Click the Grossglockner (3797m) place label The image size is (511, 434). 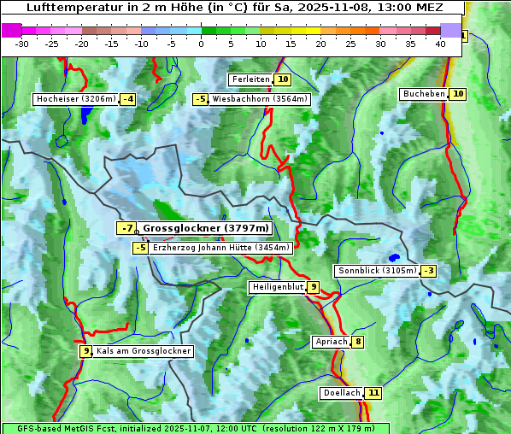tap(205, 228)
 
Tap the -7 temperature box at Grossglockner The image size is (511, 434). tap(126, 228)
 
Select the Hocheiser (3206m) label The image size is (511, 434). tap(75, 99)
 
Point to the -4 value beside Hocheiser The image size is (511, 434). tap(127, 99)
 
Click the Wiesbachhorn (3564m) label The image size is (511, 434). tap(260, 99)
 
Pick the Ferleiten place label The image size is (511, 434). tap(250, 79)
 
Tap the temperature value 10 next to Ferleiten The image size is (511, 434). tap(283, 79)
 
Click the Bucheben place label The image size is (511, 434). tap(424, 93)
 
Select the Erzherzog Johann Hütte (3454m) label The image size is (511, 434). tap(221, 248)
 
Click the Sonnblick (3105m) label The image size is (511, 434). tap(377, 271)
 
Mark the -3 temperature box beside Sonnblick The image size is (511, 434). tap(429, 271)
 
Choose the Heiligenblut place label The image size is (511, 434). tap(278, 287)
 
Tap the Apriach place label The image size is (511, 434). tap(332, 342)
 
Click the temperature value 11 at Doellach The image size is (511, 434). tap(373, 393)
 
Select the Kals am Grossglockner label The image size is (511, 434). tap(144, 351)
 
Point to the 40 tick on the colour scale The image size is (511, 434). tap(440, 43)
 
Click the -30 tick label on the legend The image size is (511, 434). tap(22, 43)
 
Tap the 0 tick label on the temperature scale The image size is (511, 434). tap(201, 43)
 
